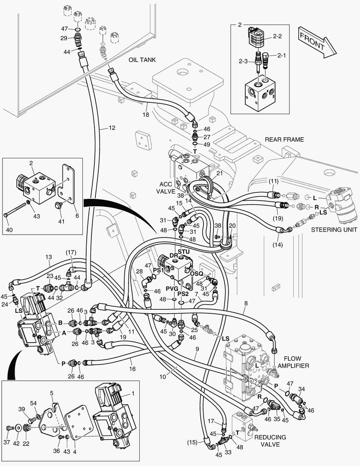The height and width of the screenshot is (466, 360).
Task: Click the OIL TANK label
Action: pyautogui.click(x=142, y=60)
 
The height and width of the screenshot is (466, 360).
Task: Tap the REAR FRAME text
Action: pyautogui.click(x=284, y=139)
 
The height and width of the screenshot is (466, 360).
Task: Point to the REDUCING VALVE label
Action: pyautogui.click(x=270, y=441)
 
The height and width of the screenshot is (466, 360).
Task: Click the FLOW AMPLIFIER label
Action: pyautogui.click(x=294, y=362)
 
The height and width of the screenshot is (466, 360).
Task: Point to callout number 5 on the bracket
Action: pyautogui.click(x=51, y=393)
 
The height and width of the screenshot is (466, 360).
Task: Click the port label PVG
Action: pyautogui.click(x=172, y=288)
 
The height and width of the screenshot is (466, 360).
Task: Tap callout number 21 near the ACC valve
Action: pyautogui.click(x=219, y=173)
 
